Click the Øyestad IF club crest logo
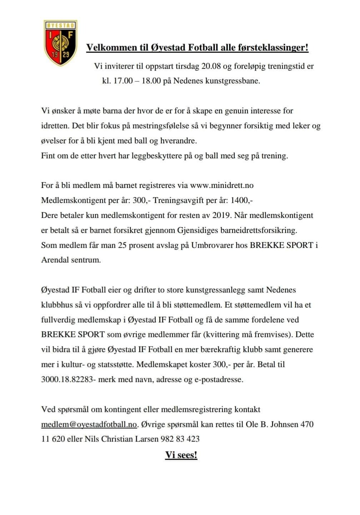60,43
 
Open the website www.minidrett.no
222,185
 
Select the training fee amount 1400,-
242,200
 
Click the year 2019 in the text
221,215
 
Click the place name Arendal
55,260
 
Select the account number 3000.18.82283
67,379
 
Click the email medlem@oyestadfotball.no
89,424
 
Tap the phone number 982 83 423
180,439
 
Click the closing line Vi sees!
181,455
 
